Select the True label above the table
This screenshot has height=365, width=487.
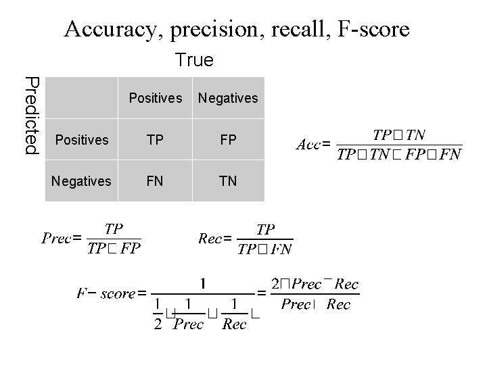click(194, 61)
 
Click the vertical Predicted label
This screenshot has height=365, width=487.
click(32, 115)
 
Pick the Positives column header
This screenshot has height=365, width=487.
click(156, 99)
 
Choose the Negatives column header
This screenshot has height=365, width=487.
click(228, 99)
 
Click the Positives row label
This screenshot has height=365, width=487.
click(82, 140)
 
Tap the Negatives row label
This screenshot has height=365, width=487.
click(81, 181)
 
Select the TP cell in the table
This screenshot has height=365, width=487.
click(156, 140)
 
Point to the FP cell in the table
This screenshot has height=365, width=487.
click(228, 140)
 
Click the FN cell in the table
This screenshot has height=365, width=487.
click(156, 181)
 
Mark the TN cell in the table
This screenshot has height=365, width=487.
click(228, 181)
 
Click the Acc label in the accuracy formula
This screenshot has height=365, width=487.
click(309, 144)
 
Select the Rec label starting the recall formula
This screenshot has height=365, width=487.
click(210, 238)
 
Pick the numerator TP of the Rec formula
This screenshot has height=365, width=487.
click(265, 230)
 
